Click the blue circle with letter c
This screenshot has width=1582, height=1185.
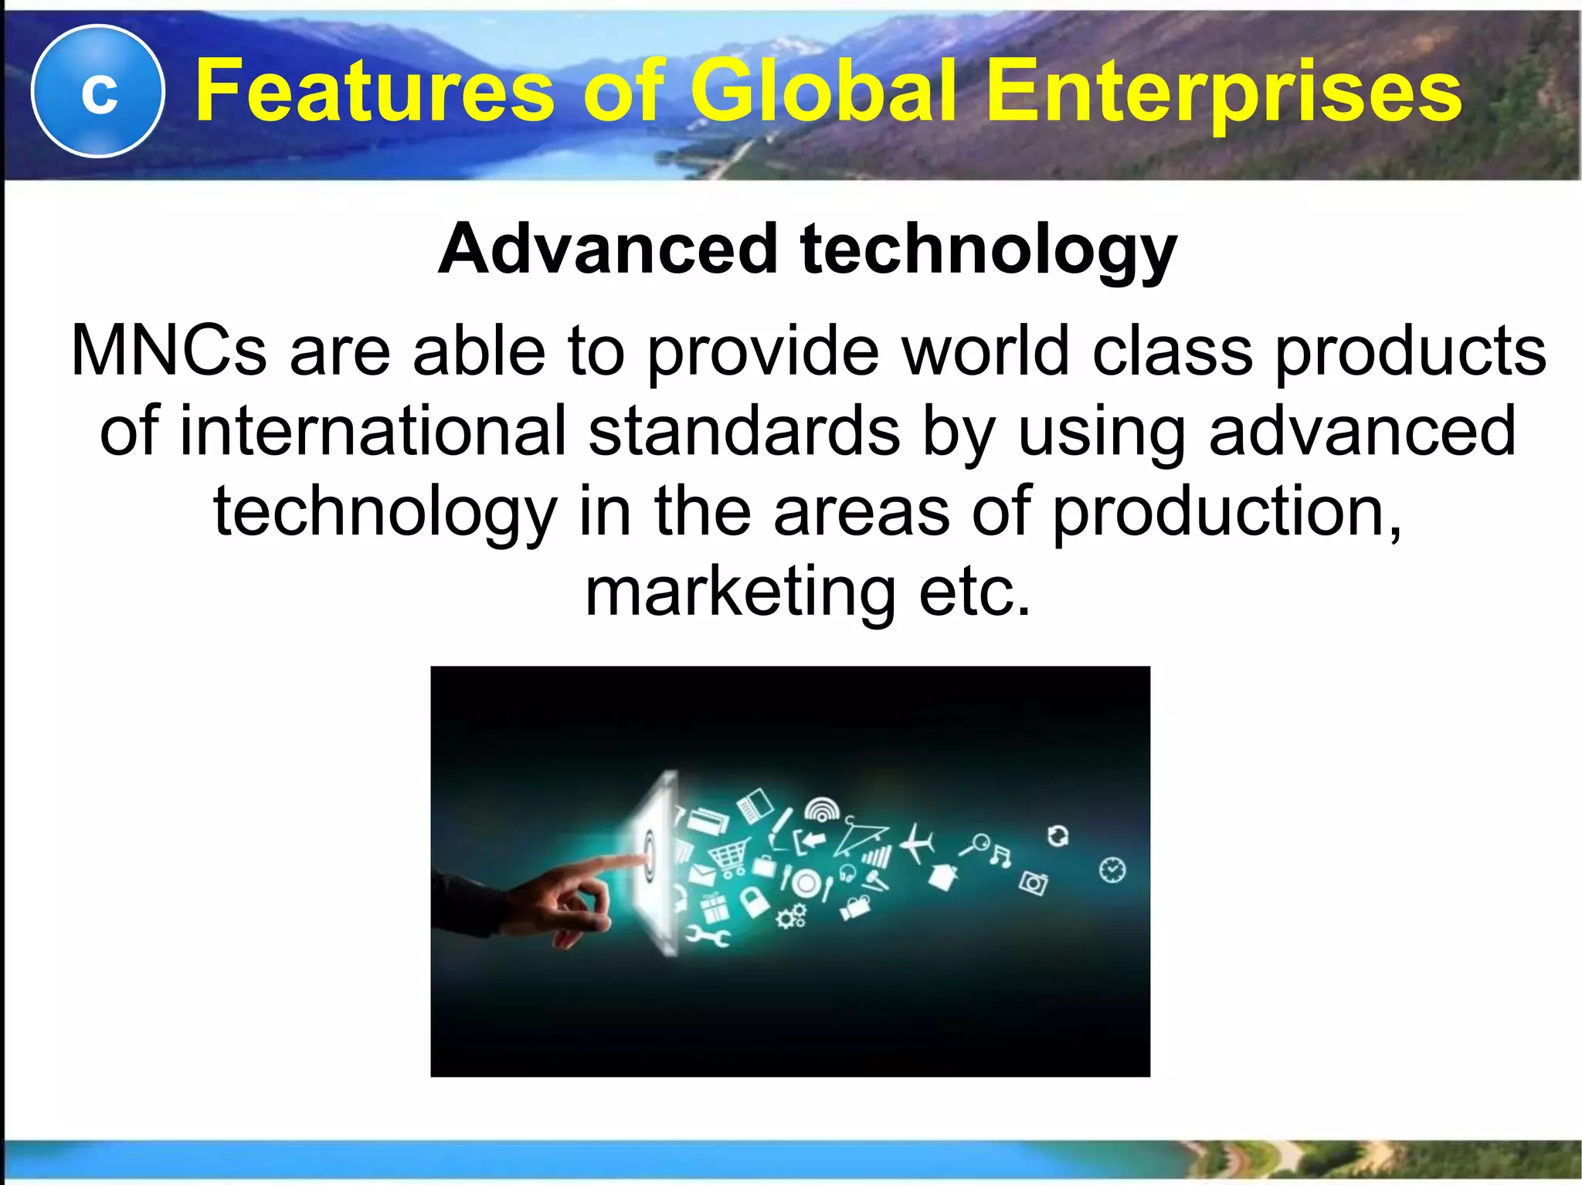97,91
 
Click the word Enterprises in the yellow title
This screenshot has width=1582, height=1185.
1224,93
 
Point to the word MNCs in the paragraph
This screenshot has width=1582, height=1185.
168,351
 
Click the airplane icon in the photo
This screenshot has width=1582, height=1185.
918,844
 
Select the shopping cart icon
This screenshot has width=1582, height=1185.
727,856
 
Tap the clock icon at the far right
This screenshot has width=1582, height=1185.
1112,871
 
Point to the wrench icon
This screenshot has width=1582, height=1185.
708,937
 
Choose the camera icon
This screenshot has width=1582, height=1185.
1033,882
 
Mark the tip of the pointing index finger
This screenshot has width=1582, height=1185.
643,858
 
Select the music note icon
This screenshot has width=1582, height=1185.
1000,856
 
